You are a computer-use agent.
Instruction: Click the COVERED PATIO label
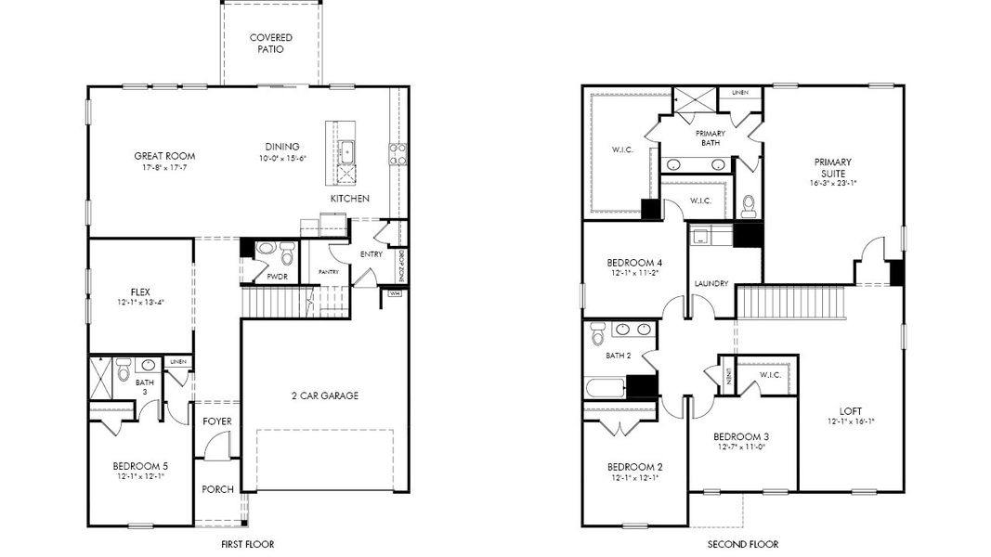coord(271,44)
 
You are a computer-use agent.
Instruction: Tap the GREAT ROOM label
coord(164,156)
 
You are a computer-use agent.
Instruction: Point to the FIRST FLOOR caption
coord(246,544)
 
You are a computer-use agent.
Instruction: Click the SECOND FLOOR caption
coord(743,544)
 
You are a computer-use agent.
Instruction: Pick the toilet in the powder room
coord(286,252)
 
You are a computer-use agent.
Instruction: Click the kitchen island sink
coord(347,151)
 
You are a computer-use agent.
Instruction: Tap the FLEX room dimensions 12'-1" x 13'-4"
coord(141,304)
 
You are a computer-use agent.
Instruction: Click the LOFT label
coord(851,411)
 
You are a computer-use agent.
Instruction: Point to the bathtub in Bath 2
coord(605,385)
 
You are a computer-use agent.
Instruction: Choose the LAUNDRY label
coord(711,284)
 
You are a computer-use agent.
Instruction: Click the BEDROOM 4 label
coord(633,261)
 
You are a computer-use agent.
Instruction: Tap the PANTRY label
coord(328,272)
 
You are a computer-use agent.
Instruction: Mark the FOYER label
coord(217,421)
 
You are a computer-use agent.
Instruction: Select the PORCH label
coord(217,489)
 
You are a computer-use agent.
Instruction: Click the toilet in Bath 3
coord(124,369)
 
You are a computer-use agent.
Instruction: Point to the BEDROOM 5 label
coord(140,466)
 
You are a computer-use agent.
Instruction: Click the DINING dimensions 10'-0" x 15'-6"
coord(281,159)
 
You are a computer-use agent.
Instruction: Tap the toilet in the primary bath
coord(749,205)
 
